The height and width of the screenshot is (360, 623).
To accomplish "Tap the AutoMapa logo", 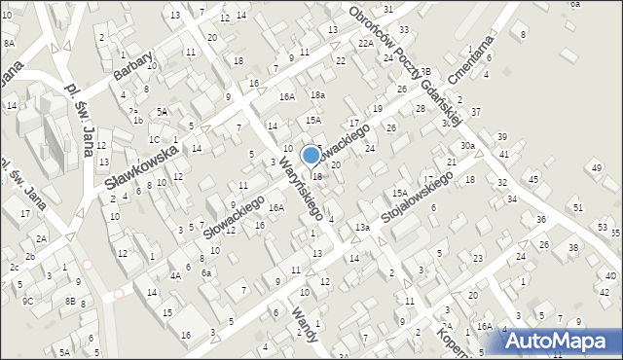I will [562, 341].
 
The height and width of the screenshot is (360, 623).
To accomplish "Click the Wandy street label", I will [304, 327].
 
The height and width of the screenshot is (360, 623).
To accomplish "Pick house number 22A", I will [365, 44].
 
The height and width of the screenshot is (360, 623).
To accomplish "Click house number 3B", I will [425, 71].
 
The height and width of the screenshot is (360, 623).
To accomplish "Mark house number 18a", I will [317, 94].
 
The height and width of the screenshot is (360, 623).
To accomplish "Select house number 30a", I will [468, 145].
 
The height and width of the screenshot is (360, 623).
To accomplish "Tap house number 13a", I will [362, 227].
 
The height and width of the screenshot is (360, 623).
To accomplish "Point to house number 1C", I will [154, 139].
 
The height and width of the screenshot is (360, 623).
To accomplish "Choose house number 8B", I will [70, 302].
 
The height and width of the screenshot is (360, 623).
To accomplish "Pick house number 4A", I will [175, 275].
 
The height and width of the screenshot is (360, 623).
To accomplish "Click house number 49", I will [596, 168].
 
